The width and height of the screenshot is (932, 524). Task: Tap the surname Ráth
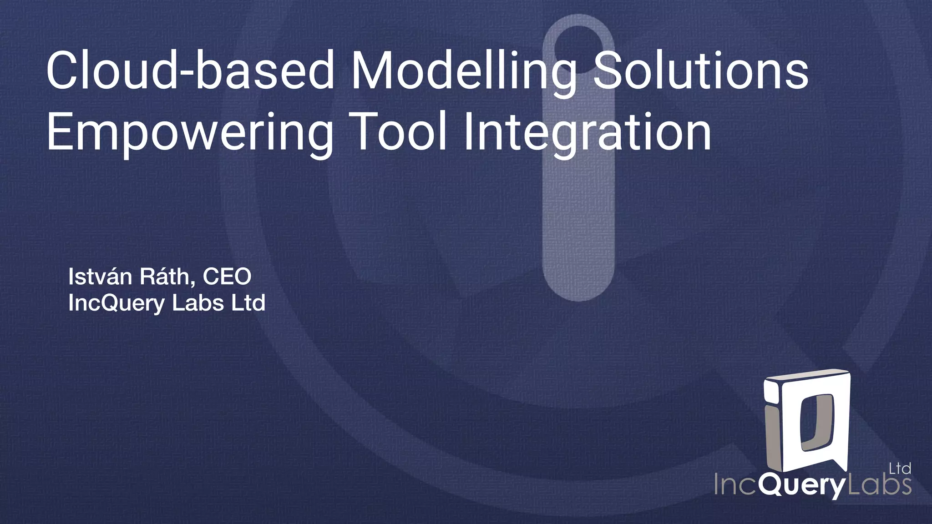tap(168, 277)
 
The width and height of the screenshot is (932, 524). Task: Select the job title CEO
tap(227, 277)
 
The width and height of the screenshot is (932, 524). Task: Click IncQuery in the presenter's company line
tap(116, 303)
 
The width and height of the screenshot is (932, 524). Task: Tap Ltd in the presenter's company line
tap(248, 303)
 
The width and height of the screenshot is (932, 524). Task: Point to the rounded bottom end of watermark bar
tap(577, 287)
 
